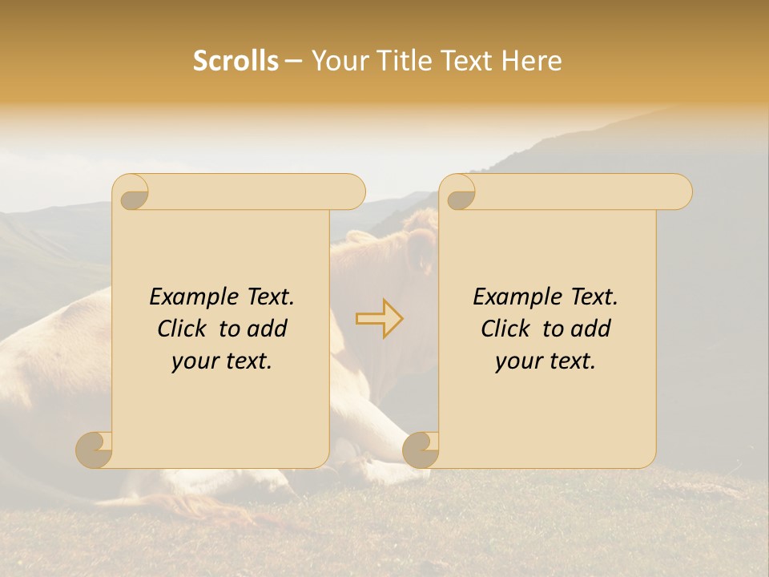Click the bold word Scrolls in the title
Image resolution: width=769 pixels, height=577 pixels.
click(x=236, y=61)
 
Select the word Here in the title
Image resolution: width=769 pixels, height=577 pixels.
click(x=532, y=61)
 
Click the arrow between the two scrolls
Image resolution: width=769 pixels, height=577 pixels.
click(x=379, y=318)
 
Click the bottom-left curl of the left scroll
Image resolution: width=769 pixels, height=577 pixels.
click(x=95, y=450)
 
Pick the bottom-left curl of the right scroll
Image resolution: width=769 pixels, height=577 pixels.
click(x=421, y=450)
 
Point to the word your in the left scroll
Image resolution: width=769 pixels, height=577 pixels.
click(x=192, y=361)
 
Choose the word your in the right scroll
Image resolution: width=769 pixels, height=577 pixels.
click(x=516, y=361)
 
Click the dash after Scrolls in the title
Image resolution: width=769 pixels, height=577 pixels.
click(x=293, y=62)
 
